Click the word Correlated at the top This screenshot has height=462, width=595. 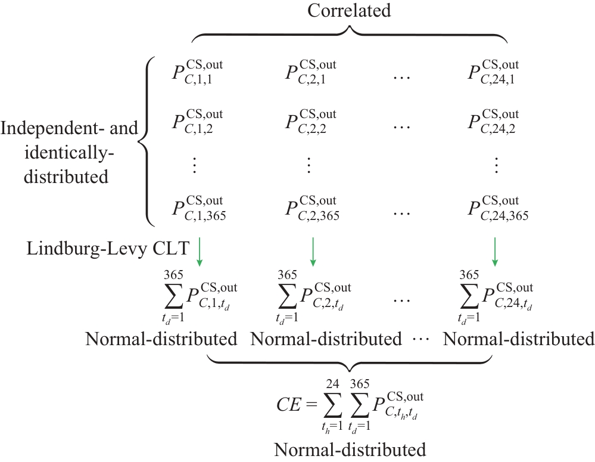click(x=349, y=11)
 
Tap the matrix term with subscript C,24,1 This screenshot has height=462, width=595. click(x=494, y=73)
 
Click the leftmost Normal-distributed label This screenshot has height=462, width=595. click(x=161, y=340)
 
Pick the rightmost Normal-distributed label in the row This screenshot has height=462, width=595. click(x=519, y=340)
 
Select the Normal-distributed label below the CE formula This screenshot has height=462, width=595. click(x=350, y=449)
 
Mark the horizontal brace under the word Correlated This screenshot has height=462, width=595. click(x=349, y=35)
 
